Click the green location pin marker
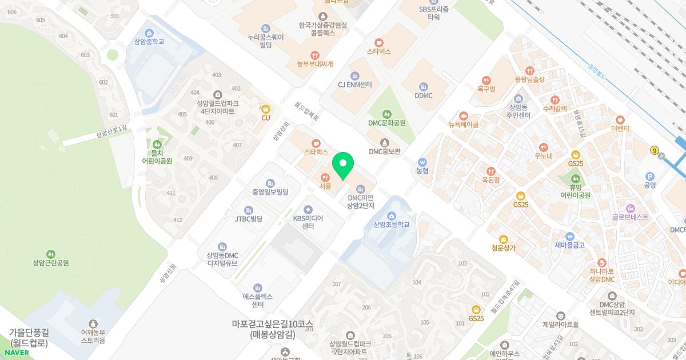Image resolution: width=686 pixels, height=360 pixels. click(x=343, y=166)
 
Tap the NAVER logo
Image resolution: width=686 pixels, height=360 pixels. click(x=16, y=353)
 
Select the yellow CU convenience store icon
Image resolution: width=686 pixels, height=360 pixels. click(x=265, y=109)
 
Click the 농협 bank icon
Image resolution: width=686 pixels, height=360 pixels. click(x=422, y=162)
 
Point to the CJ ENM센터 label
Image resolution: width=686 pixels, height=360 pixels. click(x=354, y=85)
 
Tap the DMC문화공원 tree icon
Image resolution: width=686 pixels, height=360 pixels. click(x=387, y=114)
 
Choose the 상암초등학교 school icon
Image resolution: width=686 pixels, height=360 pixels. click(x=392, y=215)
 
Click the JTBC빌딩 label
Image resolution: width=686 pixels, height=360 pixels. click(x=248, y=219)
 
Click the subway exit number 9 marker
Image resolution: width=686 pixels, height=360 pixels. click(x=655, y=151)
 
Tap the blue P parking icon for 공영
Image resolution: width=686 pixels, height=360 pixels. click(x=649, y=176)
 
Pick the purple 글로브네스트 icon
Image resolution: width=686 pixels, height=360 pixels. click(x=630, y=208)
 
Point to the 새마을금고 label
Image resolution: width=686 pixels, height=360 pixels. click(x=569, y=245)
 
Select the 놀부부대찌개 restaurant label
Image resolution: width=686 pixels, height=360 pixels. click(x=314, y=64)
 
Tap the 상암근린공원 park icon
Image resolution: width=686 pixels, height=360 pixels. click(x=51, y=254)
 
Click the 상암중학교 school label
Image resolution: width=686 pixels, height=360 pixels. click(x=149, y=42)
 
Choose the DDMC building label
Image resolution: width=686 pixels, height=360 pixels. click(x=424, y=95)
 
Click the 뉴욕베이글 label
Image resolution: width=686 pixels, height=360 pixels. click(x=463, y=125)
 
